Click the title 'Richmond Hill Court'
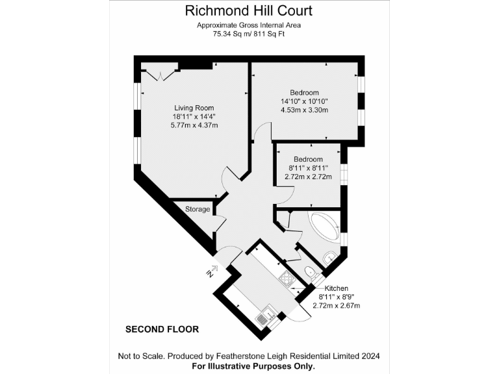click(249, 10)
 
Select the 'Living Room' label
click(194, 108)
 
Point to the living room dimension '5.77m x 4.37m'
click(194, 125)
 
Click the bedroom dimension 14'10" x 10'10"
click(304, 101)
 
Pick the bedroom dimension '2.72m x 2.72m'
click(308, 177)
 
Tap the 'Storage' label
click(198, 209)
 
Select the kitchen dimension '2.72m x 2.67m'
click(337, 305)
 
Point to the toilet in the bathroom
click(311, 271)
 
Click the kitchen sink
click(264, 318)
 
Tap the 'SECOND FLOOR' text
click(162, 330)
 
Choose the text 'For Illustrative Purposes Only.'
click(249, 366)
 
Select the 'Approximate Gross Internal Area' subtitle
click(249, 25)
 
